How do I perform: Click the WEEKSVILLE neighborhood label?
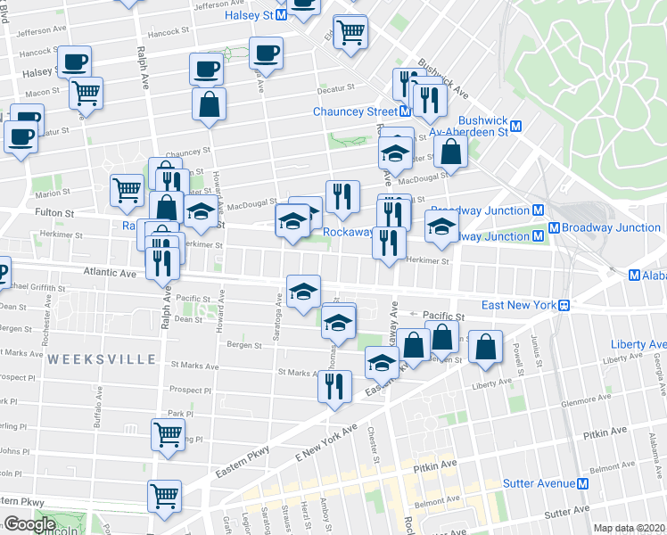[103, 358]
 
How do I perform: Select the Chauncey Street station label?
[355, 111]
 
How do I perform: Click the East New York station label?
[519, 305]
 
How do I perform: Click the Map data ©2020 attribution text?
[629, 528]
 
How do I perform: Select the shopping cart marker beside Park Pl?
[168, 434]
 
